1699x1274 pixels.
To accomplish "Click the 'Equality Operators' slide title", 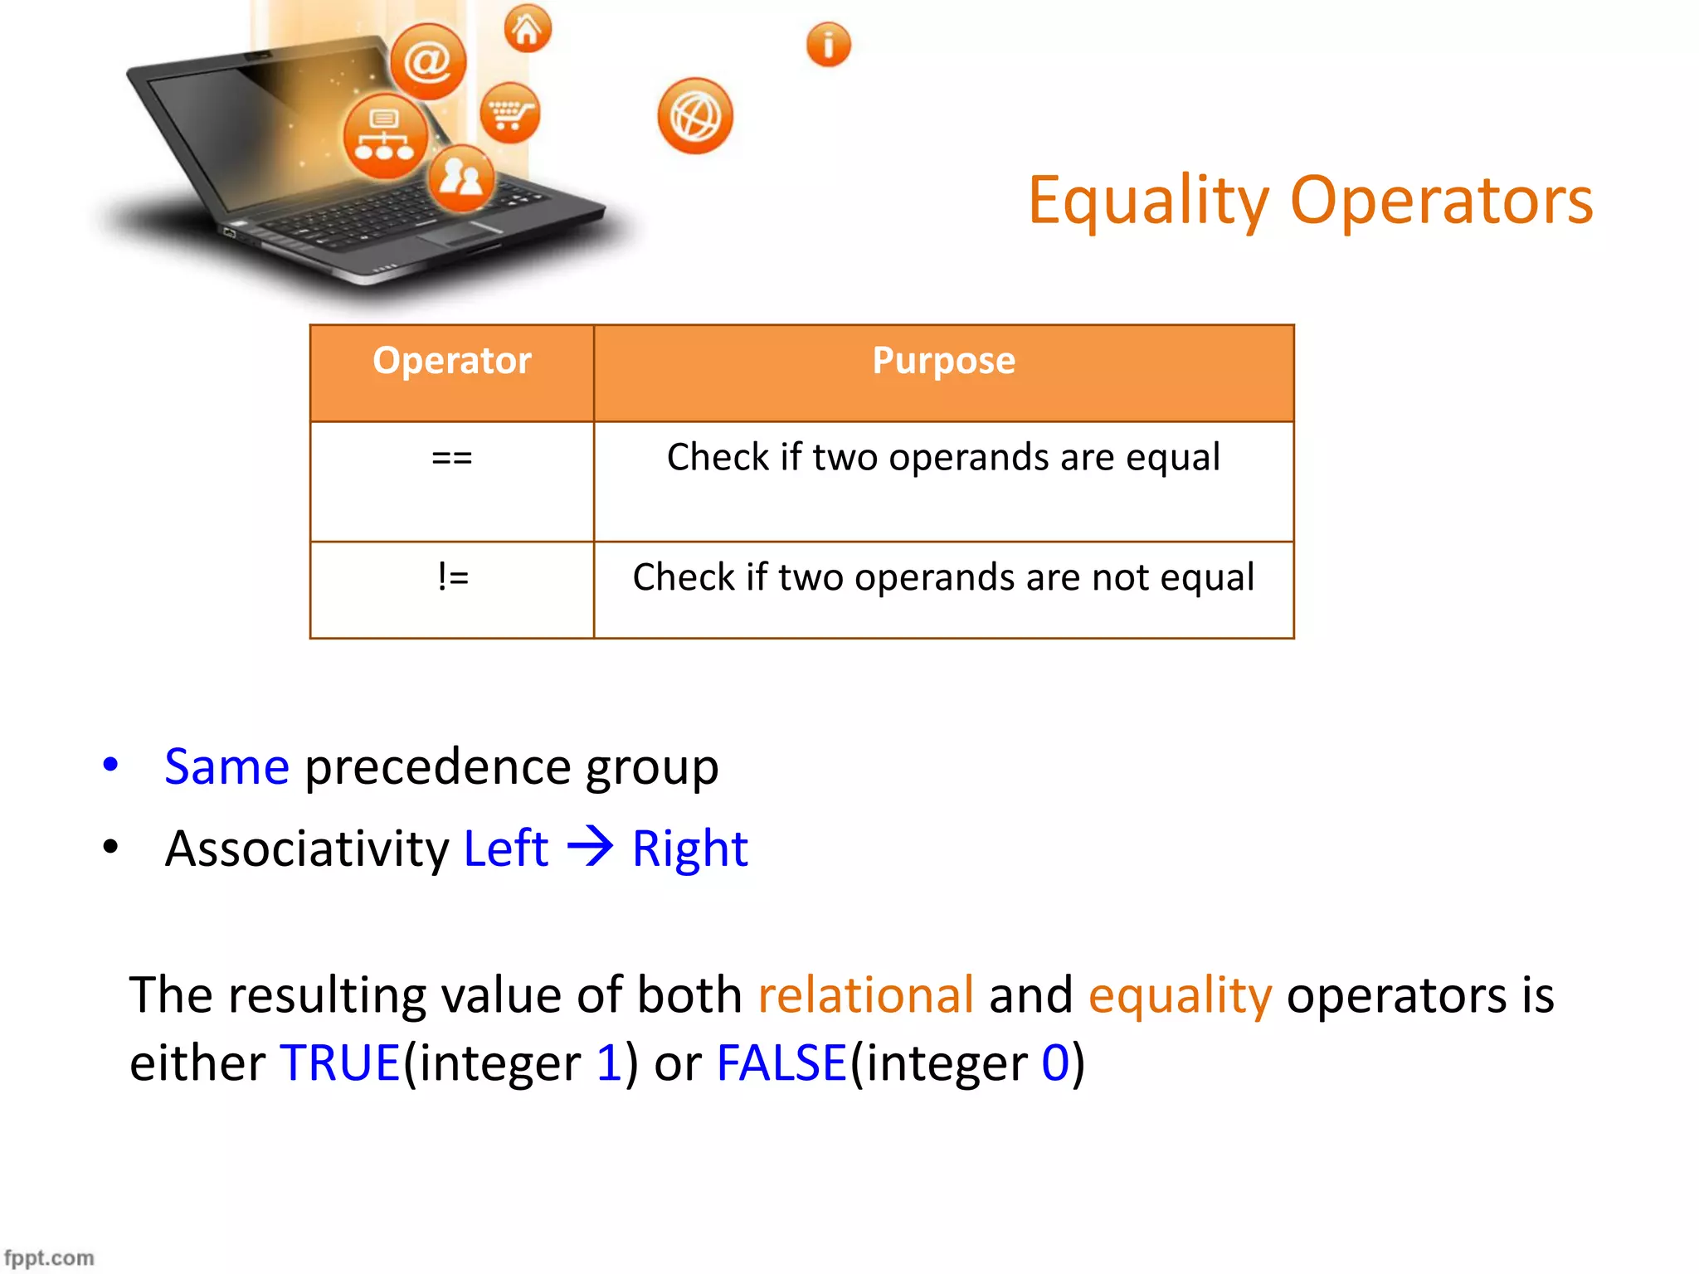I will pyautogui.click(x=1310, y=202).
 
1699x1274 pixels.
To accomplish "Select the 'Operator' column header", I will pyautogui.click(x=451, y=361).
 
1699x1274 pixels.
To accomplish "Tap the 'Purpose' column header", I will pyautogui.click(x=943, y=361).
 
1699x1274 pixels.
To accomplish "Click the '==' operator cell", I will pyautogui.click(x=451, y=458).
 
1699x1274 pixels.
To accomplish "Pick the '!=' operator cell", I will pyautogui.click(x=452, y=576).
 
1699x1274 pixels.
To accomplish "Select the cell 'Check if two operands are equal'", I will pyautogui.click(x=943, y=458).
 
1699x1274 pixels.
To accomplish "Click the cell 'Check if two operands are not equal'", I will pyautogui.click(x=943, y=577).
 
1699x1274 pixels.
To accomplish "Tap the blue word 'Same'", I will pyautogui.click(x=226, y=766).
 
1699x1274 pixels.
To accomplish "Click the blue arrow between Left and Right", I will pyautogui.click(x=590, y=847).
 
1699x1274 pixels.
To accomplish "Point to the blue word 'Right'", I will pyautogui.click(x=689, y=849).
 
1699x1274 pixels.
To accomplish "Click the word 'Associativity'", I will pyautogui.click(x=306, y=849).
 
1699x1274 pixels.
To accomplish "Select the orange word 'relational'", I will pyautogui.click(x=865, y=994).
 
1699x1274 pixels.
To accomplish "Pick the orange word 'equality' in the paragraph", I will pyautogui.click(x=1179, y=996).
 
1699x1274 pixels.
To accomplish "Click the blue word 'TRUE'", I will pyautogui.click(x=340, y=1062).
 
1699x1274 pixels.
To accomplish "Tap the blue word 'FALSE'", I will pyautogui.click(x=781, y=1062).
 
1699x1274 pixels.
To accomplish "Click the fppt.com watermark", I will pyautogui.click(x=49, y=1257).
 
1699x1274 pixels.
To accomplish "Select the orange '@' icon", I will pyautogui.click(x=428, y=61).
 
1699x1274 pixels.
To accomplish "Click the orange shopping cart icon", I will pyautogui.click(x=509, y=113).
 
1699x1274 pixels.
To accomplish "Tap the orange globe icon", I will pyautogui.click(x=695, y=116).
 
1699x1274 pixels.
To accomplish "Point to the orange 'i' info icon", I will pyautogui.click(x=828, y=44).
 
